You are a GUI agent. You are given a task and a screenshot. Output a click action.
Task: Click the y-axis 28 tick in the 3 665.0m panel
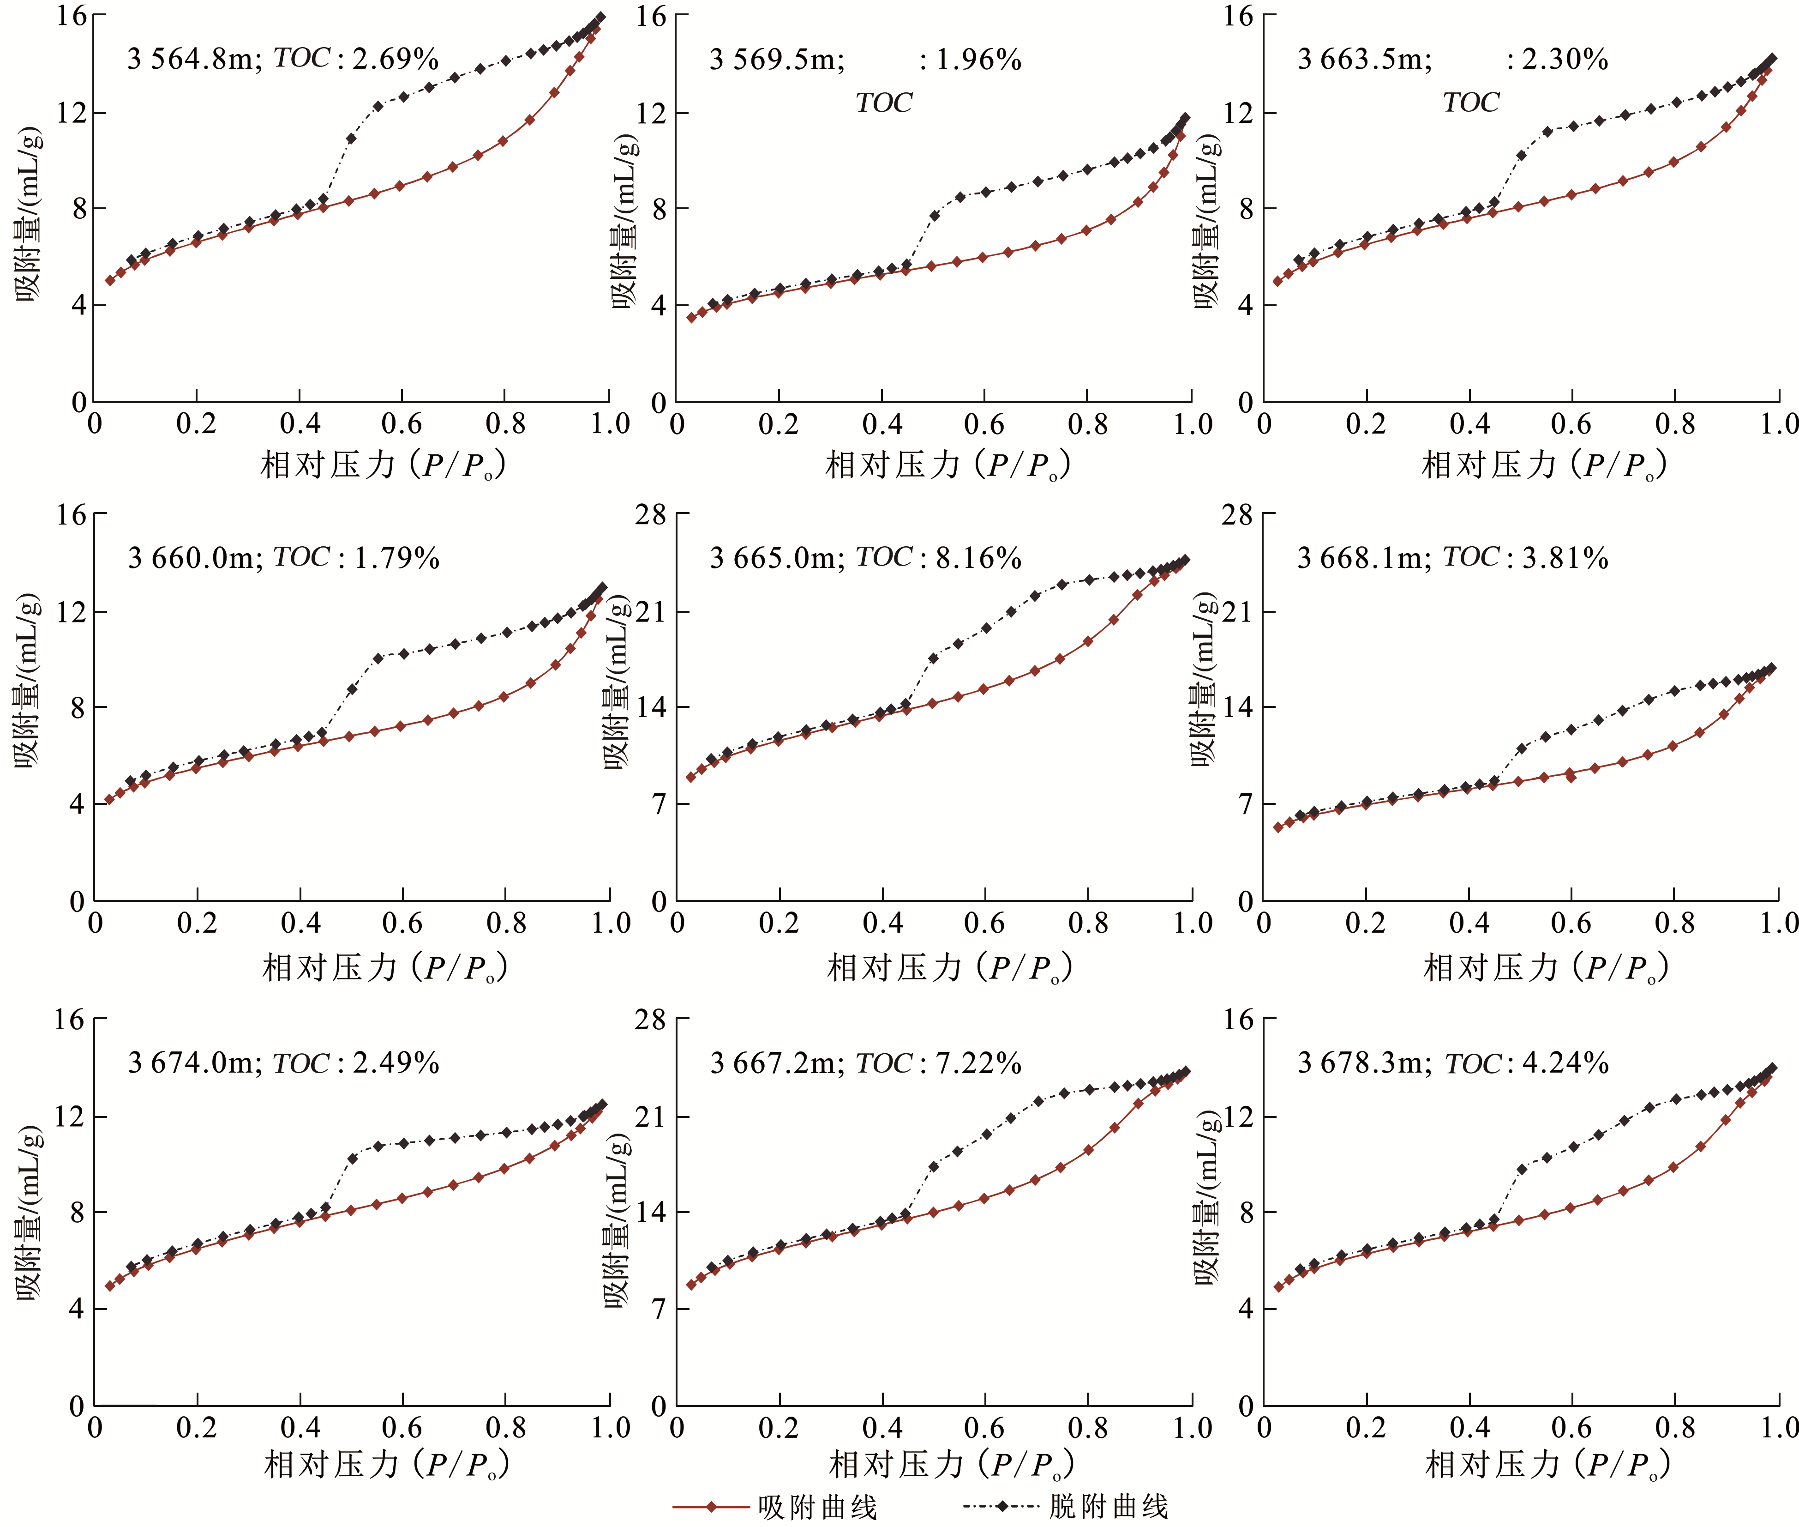(x=651, y=515)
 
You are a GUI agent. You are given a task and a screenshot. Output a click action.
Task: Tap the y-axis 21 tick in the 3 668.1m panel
(x=1237, y=612)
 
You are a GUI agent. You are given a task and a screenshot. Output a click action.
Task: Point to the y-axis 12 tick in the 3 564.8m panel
(x=72, y=113)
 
